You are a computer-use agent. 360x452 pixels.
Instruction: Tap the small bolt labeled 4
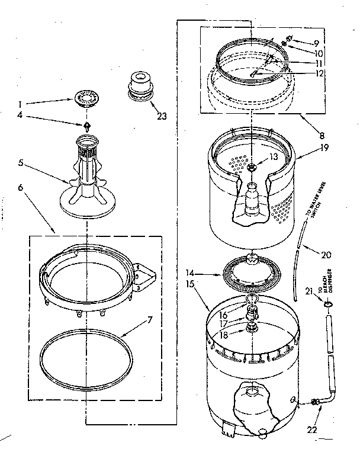pyautogui.click(x=88, y=126)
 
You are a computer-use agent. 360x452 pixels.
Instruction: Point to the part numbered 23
pyautogui.click(x=140, y=85)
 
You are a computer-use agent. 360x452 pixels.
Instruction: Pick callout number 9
pyautogui.click(x=317, y=43)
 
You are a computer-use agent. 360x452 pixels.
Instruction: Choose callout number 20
pyautogui.click(x=325, y=255)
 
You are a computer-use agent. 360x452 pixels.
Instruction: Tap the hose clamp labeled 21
pyautogui.click(x=329, y=303)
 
